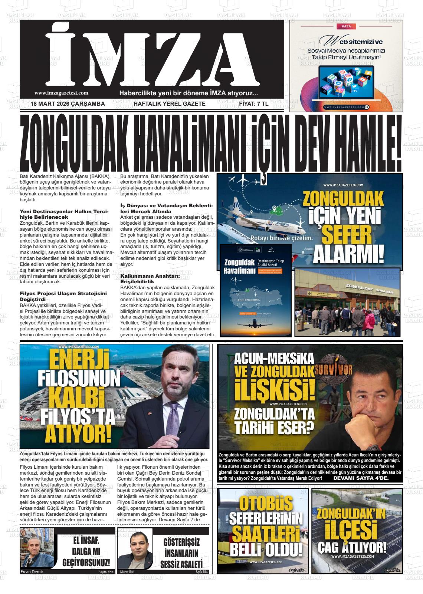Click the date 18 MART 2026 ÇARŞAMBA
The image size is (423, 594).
[x=68, y=104]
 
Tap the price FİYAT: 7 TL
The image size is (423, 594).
[x=254, y=104]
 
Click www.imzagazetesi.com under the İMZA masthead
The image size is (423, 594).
[x=61, y=93]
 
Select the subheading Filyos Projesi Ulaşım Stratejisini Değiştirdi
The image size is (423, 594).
[x=63, y=296]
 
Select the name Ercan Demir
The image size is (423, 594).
[x=32, y=571]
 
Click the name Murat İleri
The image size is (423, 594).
[x=127, y=571]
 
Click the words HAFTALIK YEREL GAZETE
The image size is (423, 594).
[x=169, y=104]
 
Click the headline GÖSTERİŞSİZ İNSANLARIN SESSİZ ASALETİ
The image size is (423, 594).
[x=181, y=553]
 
